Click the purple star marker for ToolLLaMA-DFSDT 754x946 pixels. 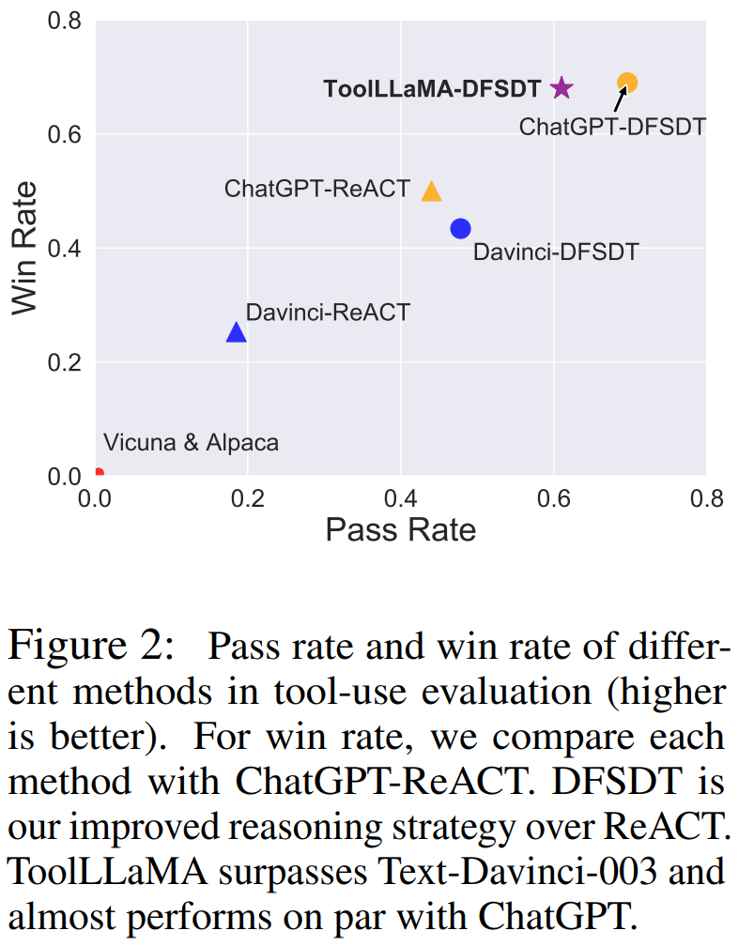(561, 88)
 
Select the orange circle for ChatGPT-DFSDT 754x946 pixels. (627, 83)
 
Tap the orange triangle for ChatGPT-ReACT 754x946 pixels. (431, 191)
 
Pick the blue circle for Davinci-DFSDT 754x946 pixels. (460, 228)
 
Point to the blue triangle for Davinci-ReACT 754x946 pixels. (237, 332)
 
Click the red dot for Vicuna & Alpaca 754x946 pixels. (99, 474)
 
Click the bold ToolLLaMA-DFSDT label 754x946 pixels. (432, 89)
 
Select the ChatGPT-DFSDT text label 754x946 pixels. (612, 126)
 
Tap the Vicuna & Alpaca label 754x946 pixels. (192, 442)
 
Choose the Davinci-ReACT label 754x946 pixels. (328, 312)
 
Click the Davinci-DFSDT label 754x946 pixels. (555, 252)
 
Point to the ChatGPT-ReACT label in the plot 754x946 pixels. (317, 189)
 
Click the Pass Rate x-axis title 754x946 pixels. (401, 530)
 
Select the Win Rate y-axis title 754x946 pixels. (26, 248)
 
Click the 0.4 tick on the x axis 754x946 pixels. (401, 497)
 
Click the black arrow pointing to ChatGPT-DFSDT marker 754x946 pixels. (621, 98)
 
